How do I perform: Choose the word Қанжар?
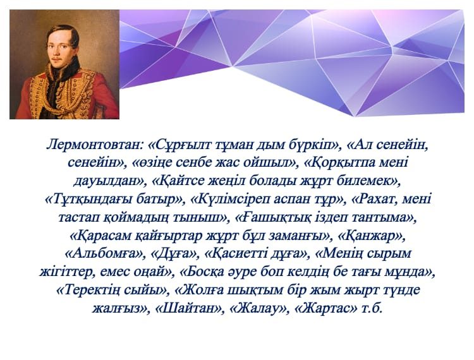coord(371,236)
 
